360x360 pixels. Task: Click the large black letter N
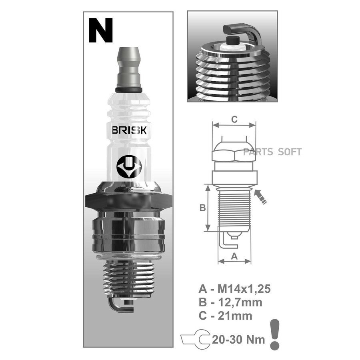click(x=100, y=30)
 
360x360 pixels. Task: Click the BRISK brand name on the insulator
click(x=129, y=130)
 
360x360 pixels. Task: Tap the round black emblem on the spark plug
click(x=129, y=167)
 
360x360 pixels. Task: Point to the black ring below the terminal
click(x=129, y=90)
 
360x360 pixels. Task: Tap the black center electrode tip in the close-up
click(x=233, y=40)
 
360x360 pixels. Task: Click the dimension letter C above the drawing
click(x=234, y=120)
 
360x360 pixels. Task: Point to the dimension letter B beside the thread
click(x=203, y=208)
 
